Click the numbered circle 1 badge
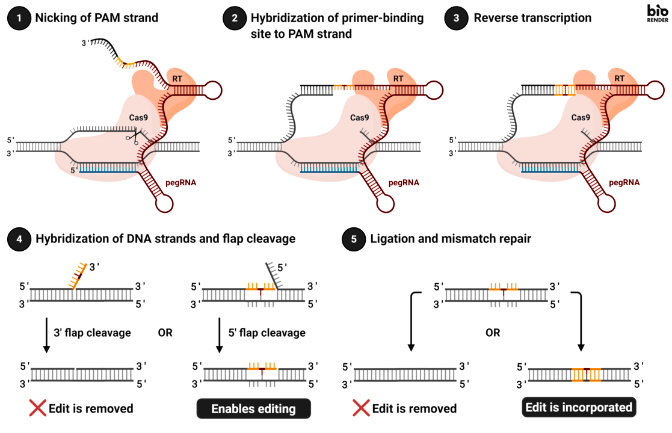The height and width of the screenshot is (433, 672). coord(19,18)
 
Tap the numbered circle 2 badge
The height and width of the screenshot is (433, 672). coord(235,18)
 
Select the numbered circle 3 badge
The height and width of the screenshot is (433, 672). coord(457,18)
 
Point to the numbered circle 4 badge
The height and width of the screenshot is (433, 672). coord(19,239)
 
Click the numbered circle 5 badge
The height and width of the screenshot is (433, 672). coord(354,239)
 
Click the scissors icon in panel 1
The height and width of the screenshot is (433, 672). coord(134,138)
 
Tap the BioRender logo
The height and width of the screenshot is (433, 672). coord(658,13)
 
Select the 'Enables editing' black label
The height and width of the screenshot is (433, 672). coord(254,408)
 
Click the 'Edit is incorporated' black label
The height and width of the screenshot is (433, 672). coord(579,407)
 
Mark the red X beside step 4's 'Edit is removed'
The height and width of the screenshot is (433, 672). coord(38,408)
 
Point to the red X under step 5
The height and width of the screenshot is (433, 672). coord(362,408)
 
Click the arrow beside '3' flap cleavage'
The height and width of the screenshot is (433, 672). coord(46,336)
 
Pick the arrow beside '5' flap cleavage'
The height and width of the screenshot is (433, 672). coord(220,336)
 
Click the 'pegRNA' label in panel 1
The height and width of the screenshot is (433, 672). coord(181,183)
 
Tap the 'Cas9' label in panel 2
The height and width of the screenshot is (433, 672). coord(360,118)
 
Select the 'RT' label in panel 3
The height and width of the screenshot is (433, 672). coord(619,79)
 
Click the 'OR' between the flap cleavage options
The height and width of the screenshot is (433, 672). coord(165,333)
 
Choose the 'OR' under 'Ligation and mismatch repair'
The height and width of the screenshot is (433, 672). coord(493,333)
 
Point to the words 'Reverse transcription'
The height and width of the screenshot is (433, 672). coord(532,18)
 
